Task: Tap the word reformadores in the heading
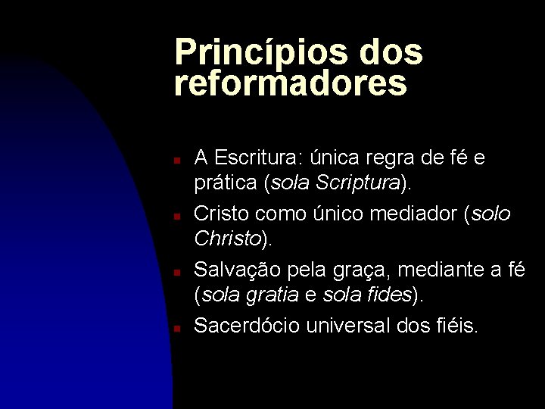point(291,84)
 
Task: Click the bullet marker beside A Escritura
point(174,161)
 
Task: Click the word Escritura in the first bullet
point(255,158)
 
